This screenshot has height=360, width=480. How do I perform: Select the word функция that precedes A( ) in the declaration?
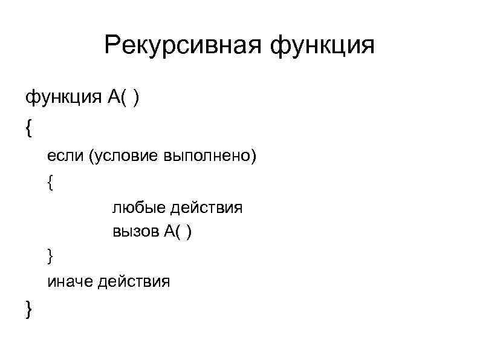click(59, 98)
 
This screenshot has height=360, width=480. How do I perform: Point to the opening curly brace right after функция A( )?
click(29, 128)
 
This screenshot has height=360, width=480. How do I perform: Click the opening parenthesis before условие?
click(91, 157)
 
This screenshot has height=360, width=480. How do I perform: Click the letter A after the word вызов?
click(168, 232)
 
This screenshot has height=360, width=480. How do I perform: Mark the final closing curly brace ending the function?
click(29, 310)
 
